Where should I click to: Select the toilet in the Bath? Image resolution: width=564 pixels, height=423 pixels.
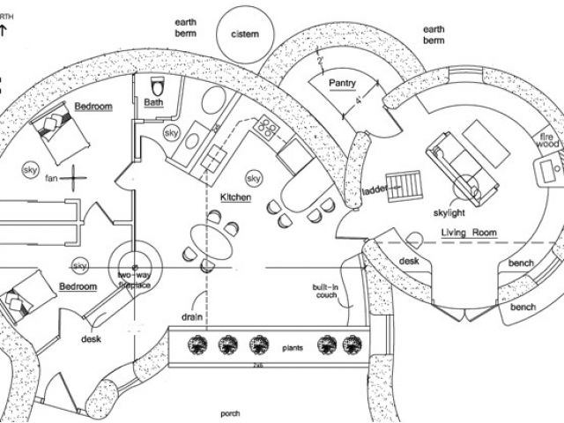(x=159, y=86)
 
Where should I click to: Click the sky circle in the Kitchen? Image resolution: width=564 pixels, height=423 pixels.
(x=254, y=179)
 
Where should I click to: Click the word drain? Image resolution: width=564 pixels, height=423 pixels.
(x=193, y=315)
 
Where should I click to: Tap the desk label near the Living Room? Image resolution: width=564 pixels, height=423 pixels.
(x=409, y=262)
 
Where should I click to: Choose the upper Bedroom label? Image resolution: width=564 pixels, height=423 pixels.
(x=93, y=107)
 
